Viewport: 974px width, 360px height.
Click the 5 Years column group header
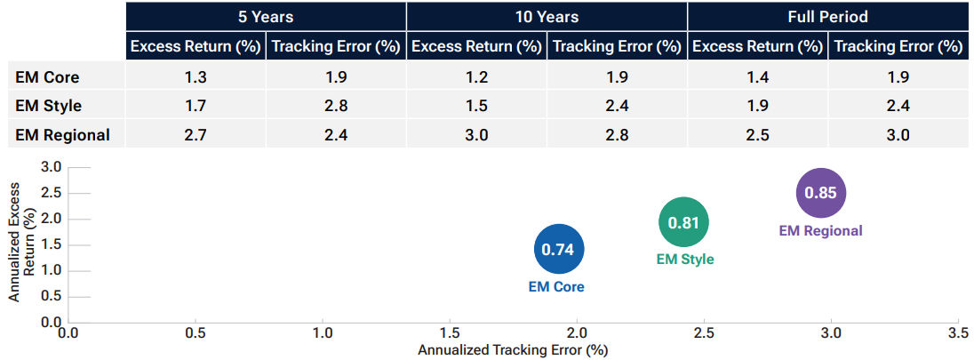(266, 17)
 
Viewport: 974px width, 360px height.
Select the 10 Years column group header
(547, 17)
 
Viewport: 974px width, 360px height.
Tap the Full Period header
(827, 17)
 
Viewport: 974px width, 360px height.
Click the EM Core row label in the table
(47, 76)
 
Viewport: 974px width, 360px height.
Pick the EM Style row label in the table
(49, 106)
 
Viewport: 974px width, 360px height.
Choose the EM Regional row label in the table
(62, 135)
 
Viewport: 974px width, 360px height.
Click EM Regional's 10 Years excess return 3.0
(476, 135)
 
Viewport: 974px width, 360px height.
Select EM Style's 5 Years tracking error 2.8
(336, 106)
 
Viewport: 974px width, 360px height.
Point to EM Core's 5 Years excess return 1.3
(196, 76)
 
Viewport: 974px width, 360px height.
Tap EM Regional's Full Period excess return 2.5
(757, 135)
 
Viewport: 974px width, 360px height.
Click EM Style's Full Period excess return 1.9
(757, 106)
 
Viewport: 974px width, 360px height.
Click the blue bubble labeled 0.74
(558, 250)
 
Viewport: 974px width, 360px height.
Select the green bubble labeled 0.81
(683, 223)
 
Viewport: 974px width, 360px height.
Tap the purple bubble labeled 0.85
(820, 192)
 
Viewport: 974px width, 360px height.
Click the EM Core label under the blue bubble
(555, 287)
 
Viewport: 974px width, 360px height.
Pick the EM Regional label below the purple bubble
(820, 230)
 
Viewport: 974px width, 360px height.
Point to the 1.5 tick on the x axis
(450, 332)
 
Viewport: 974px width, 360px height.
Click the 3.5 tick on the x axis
(958, 332)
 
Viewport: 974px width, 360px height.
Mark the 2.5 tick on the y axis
(52, 193)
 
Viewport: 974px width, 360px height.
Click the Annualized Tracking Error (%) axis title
(512, 350)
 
